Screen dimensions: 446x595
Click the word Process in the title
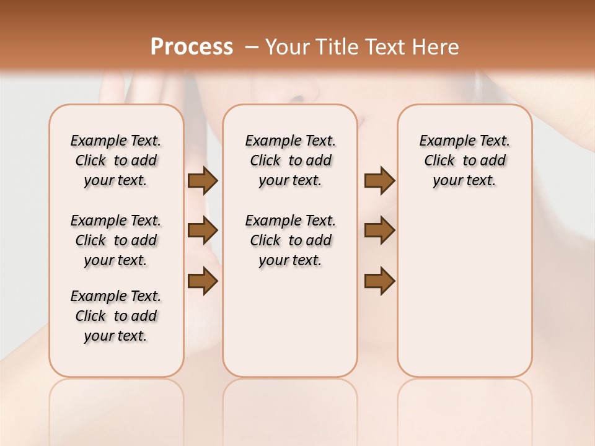[x=192, y=46]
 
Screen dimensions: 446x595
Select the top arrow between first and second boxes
[x=203, y=181]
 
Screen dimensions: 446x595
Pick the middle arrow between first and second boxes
[x=203, y=230]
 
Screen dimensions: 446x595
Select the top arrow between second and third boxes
[x=380, y=181]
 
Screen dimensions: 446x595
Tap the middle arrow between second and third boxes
[x=380, y=230]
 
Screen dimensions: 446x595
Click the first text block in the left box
[x=116, y=160]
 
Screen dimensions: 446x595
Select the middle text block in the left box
[x=116, y=240]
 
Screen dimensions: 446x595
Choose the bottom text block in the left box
[x=116, y=316]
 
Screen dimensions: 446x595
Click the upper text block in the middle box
[x=290, y=160]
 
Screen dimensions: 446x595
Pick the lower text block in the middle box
[x=290, y=240]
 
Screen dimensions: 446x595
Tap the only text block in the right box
[x=465, y=160]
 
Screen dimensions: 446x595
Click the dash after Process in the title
[x=251, y=46]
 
